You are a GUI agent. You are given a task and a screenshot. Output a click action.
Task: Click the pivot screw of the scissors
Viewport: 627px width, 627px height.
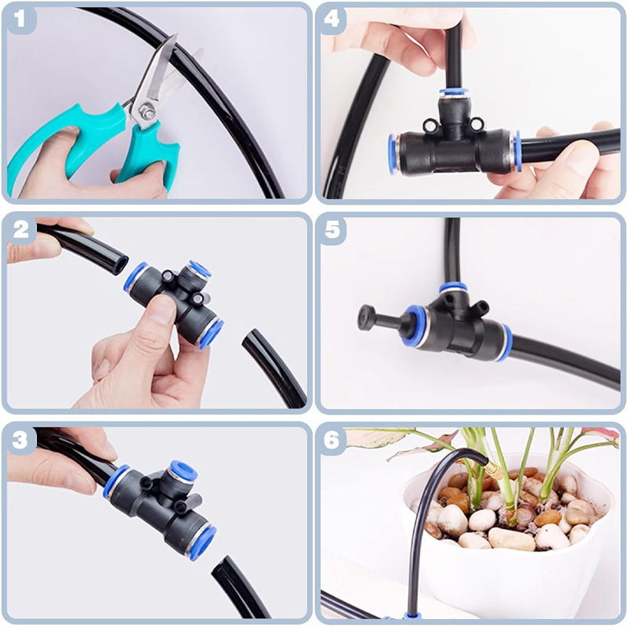point(145,113)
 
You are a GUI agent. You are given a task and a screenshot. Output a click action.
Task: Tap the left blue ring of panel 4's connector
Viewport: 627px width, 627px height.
point(393,153)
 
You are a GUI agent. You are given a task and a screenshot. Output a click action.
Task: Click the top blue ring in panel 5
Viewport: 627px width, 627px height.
point(453,288)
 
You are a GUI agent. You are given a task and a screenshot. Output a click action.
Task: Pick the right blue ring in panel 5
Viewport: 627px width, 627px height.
point(504,343)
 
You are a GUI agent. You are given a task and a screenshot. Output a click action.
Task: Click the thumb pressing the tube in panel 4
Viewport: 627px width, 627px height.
point(580,157)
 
